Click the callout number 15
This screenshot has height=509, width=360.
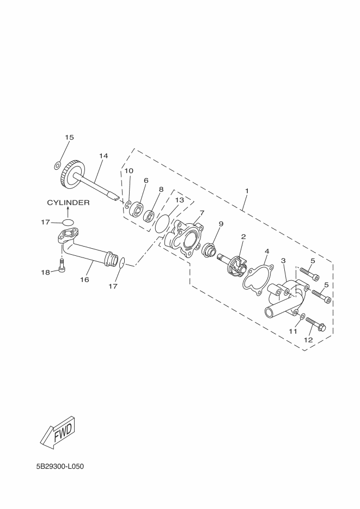pos(69,138)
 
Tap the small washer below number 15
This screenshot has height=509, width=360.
pos(58,164)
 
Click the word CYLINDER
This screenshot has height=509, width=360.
pos(68,203)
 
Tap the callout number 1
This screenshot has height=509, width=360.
pos(247,191)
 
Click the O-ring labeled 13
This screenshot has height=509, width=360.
pos(162,223)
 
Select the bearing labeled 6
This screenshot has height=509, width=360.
pos(136,209)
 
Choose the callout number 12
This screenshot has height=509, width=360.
pos(308,340)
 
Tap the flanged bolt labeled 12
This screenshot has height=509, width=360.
pos(316,325)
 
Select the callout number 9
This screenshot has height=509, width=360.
pos(221,224)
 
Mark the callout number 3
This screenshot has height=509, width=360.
pos(284,261)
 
